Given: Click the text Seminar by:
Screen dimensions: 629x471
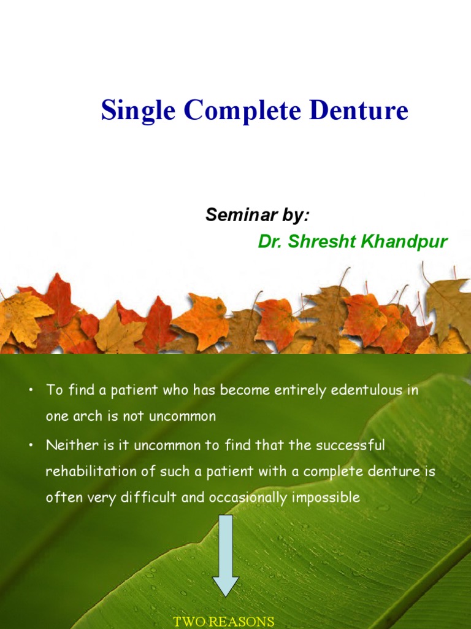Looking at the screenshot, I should [257, 215].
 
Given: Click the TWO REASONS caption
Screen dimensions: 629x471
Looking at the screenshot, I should [223, 622].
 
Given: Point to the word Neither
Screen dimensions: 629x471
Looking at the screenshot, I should [68, 445].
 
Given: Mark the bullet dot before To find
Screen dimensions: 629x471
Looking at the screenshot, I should [29, 391].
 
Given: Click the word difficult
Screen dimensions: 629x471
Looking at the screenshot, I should [151, 497].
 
